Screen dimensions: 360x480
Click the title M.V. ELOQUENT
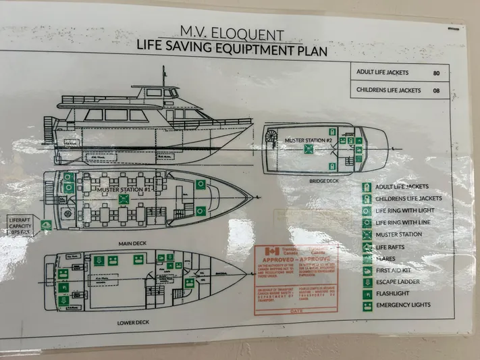pyautogui.click(x=232, y=31)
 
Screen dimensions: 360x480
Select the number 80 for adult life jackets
pyautogui.click(x=437, y=72)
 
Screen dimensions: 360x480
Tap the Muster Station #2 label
pyautogui.click(x=309, y=140)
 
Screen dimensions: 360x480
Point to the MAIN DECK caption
pyautogui.click(x=133, y=242)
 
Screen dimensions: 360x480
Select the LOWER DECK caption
pyautogui.click(x=133, y=322)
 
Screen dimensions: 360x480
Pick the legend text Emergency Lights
pyautogui.click(x=403, y=305)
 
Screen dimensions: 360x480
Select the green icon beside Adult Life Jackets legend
pyautogui.click(x=366, y=186)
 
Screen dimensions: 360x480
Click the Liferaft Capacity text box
pyautogui.click(x=21, y=225)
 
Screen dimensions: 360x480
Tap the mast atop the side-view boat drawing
pyautogui.click(x=163, y=76)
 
